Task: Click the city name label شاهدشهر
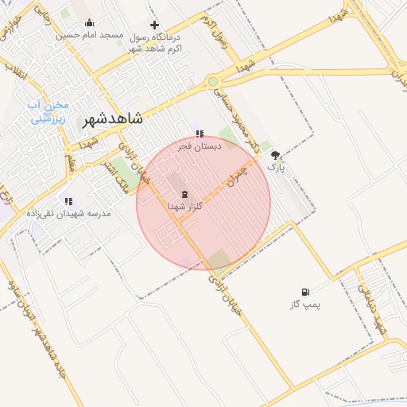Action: point(112,119)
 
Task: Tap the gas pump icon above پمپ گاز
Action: point(305,293)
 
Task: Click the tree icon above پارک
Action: point(276,156)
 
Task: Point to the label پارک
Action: point(275,169)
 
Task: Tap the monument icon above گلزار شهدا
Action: point(184,193)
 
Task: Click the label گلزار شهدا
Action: point(185,206)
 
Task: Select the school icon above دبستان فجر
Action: point(199,134)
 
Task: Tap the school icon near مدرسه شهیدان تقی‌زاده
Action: point(68,201)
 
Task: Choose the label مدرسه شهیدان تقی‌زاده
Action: point(68,214)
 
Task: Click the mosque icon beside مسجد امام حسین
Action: point(89,22)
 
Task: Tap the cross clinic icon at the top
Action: point(154,25)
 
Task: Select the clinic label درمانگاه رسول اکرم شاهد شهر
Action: point(154,43)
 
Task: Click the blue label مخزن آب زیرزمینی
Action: point(49,112)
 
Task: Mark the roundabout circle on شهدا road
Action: point(212,81)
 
